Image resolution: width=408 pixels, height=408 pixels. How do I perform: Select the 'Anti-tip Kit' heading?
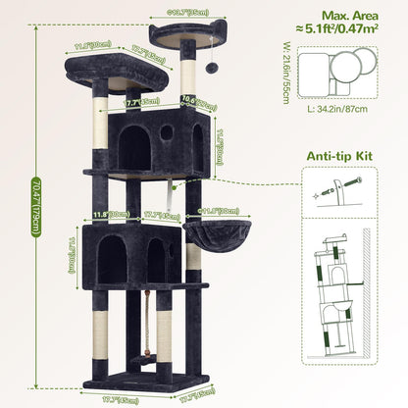(338, 153)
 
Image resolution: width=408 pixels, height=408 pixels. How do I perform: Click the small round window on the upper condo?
(166, 131)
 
